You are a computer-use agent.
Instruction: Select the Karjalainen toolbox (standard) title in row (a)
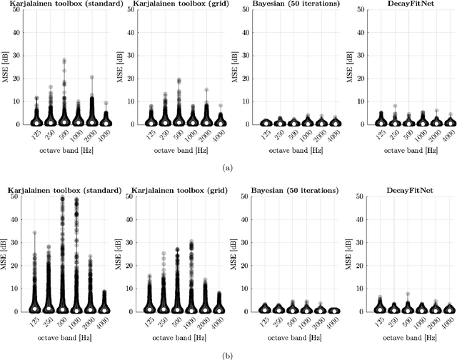53,5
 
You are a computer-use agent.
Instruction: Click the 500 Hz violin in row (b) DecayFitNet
407,304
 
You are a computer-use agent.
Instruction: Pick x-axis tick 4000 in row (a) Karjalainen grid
218,134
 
